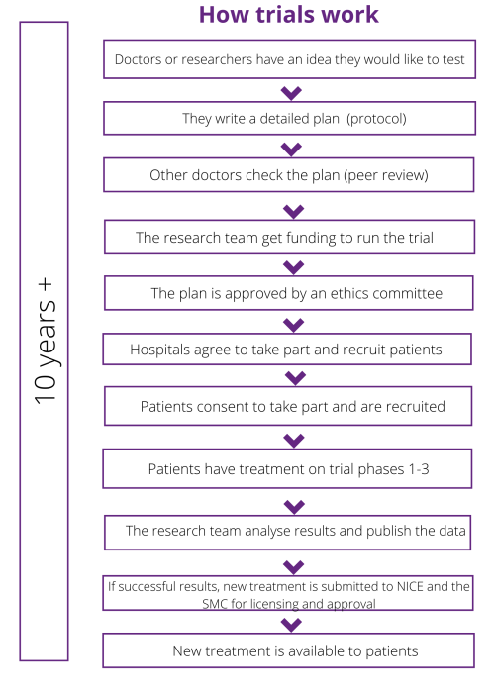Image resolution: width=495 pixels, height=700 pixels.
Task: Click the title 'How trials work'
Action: tap(289, 14)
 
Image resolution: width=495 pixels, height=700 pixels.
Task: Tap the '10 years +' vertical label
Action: tap(46, 342)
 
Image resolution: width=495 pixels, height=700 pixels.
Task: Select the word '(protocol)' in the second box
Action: tap(376, 118)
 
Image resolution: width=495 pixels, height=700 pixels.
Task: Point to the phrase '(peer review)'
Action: tap(386, 175)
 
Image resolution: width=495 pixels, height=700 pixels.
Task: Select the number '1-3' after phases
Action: tap(418, 469)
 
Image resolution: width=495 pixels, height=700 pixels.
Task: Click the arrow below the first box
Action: tap(291, 93)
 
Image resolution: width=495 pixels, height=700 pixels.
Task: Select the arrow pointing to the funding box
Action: tap(294, 211)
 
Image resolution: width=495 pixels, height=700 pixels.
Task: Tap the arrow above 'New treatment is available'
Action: tap(292, 624)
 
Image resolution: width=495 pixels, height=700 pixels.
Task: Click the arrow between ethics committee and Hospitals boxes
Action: tap(294, 325)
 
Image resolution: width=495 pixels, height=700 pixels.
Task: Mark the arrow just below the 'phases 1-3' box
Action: tap(294, 506)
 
